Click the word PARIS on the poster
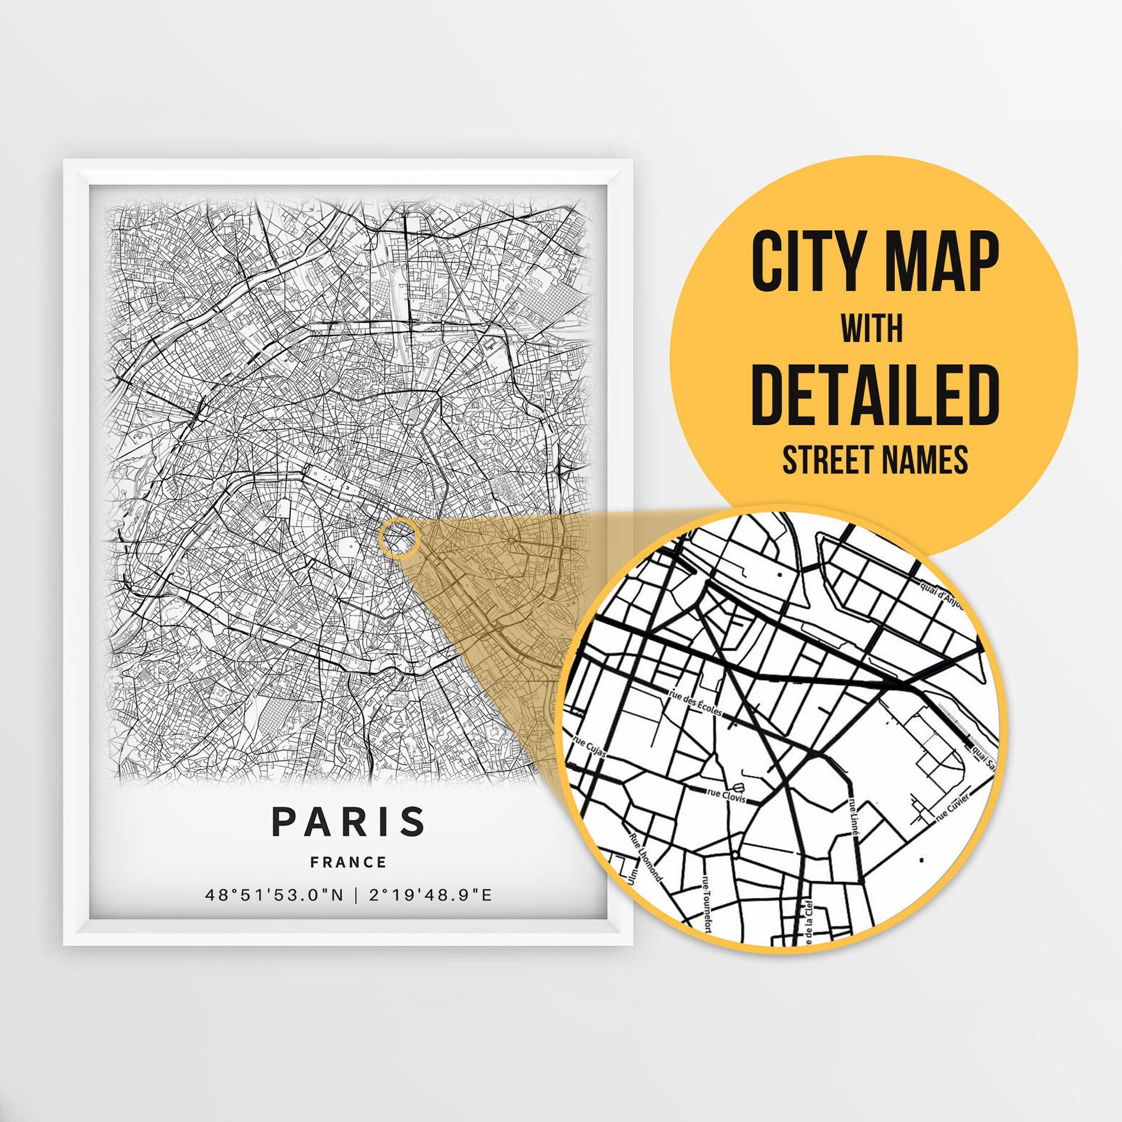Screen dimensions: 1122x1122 point(348,821)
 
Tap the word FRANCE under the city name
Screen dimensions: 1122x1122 point(348,862)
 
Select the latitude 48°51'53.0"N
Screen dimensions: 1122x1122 point(275,895)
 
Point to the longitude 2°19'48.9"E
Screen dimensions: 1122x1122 point(430,895)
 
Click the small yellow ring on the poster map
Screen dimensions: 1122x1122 point(398,539)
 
